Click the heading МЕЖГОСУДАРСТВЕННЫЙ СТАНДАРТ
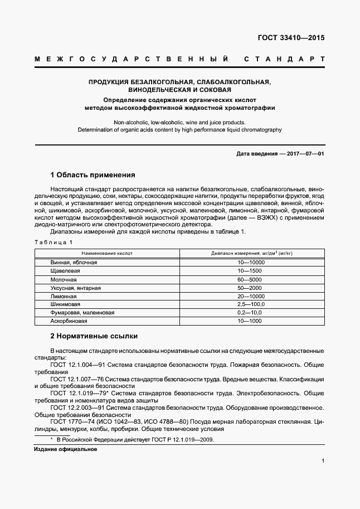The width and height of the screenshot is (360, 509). [179, 59]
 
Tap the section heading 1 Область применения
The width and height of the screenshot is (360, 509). [93, 174]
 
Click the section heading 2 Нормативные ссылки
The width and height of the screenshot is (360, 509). [94, 336]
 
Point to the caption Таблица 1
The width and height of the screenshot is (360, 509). [54, 242]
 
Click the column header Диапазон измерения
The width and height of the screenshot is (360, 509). [251, 253]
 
